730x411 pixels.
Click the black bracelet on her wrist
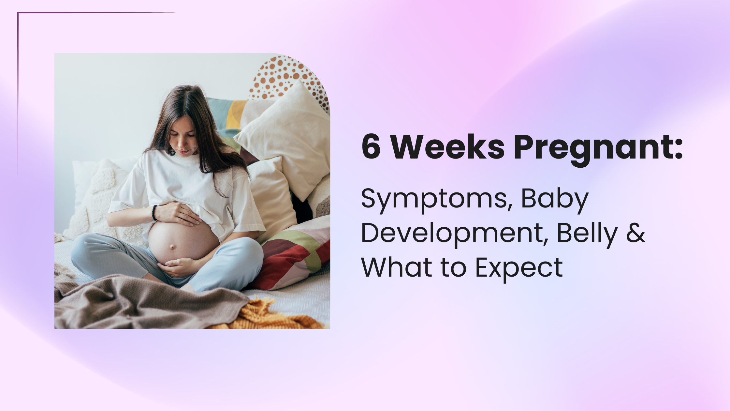coord(154,213)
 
